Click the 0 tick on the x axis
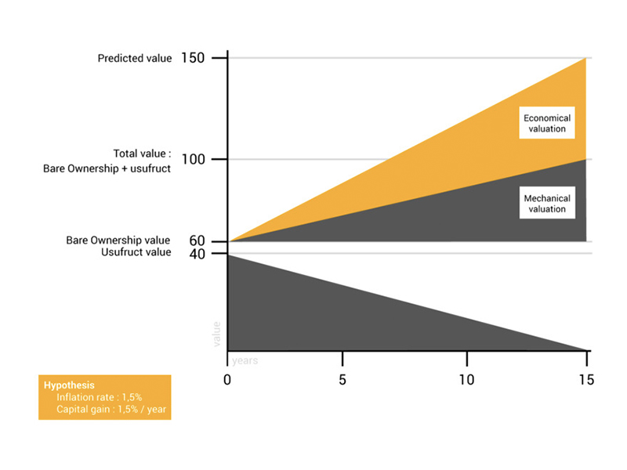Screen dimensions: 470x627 coord(227,380)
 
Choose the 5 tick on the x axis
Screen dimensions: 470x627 coord(342,380)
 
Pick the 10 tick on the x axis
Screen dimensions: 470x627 coord(466,380)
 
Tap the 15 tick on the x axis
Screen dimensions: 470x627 coord(586,380)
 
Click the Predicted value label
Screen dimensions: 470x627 coord(134,58)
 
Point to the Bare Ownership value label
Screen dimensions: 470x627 coord(118,240)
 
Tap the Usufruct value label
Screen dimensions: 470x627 coord(136,252)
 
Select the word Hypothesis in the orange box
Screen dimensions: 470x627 coord(69,385)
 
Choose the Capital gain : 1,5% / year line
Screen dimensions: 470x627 coord(112,409)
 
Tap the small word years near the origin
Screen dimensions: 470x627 coord(245,360)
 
